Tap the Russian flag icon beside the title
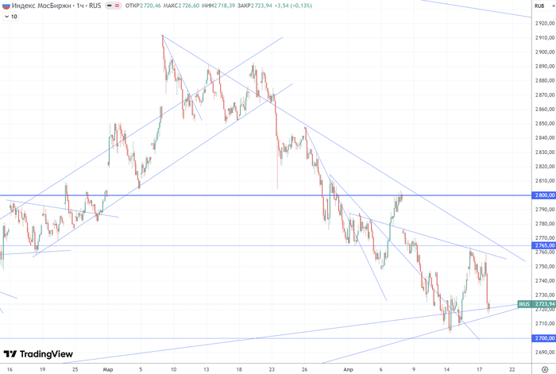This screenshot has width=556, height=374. (x=6, y=6)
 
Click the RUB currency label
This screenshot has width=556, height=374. (x=539, y=6)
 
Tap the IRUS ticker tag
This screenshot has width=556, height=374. (x=523, y=304)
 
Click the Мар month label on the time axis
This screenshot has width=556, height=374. (x=108, y=369)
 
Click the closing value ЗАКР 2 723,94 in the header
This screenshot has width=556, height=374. (x=256, y=6)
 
